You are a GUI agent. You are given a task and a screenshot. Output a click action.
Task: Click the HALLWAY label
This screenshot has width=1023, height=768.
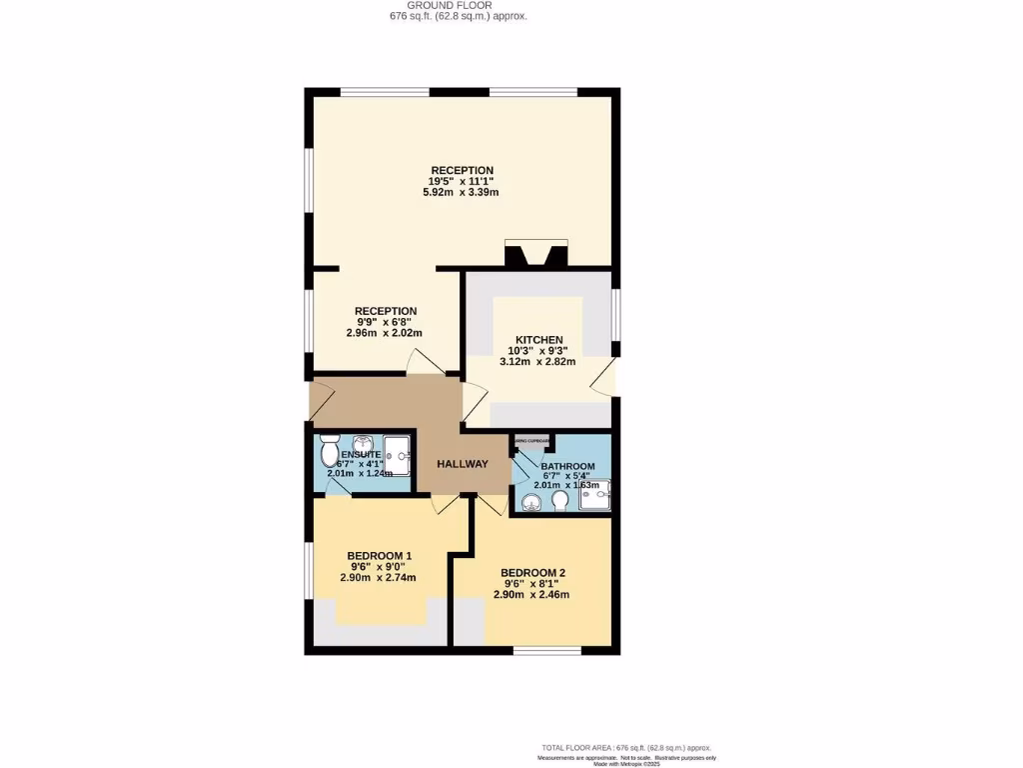click(x=463, y=464)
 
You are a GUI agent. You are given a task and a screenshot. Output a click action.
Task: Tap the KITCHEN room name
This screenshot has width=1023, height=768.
click(x=538, y=340)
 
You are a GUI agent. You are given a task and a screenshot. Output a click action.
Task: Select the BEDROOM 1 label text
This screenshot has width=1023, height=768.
click(x=379, y=556)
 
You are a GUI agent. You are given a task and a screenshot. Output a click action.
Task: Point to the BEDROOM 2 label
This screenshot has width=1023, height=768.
click(x=532, y=573)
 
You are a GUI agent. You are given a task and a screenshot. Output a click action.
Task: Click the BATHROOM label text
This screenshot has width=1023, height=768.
click(x=567, y=467)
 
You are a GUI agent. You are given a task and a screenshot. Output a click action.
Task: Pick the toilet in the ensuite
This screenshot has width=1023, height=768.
click(x=330, y=454)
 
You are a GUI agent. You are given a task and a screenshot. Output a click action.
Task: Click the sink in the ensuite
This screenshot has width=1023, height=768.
click(x=362, y=443)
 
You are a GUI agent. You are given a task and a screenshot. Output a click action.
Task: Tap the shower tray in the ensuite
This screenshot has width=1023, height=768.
click(x=398, y=458)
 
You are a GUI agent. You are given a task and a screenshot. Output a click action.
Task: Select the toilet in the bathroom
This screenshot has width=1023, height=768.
click(x=559, y=499)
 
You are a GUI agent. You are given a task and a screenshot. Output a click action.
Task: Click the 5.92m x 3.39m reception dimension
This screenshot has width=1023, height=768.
click(x=461, y=192)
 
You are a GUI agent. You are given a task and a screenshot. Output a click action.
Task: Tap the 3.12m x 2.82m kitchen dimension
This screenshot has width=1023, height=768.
click(x=537, y=362)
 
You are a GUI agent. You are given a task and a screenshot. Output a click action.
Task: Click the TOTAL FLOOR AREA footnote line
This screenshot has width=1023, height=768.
click(x=626, y=748)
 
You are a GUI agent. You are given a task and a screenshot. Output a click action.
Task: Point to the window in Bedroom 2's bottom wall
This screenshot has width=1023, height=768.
click(x=546, y=651)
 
